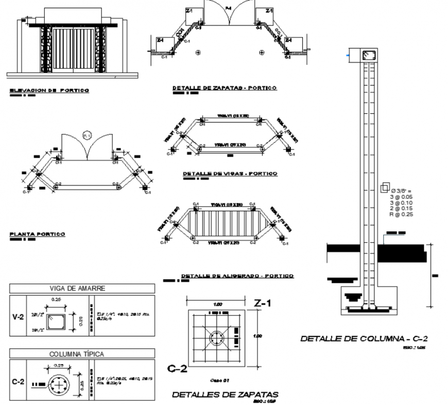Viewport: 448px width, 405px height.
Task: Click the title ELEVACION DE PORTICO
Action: pyautogui.click(x=49, y=91)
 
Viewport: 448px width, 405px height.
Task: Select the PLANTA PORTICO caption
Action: pyautogui.click(x=38, y=234)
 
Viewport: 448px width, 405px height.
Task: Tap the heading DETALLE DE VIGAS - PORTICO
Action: pyautogui.click(x=230, y=174)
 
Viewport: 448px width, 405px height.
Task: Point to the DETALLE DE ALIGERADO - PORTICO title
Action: pyautogui.click(x=237, y=276)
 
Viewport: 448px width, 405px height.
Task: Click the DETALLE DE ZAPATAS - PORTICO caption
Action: pyautogui.click(x=225, y=88)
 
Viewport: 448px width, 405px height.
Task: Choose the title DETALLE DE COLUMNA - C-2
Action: pyautogui.click(x=364, y=339)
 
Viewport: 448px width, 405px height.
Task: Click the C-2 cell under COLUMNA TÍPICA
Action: pyautogui.click(x=18, y=382)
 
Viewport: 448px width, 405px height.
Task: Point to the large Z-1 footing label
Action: pyautogui.click(x=263, y=304)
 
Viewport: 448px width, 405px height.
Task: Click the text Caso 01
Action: pyautogui.click(x=220, y=380)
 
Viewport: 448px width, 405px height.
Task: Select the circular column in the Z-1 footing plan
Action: pyautogui.click(x=216, y=339)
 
